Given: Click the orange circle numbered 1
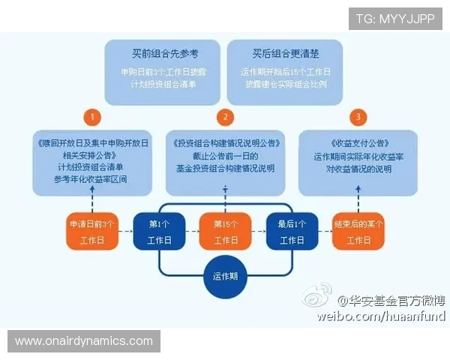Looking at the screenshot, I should (91, 117).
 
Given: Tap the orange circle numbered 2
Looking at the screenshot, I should (225, 117).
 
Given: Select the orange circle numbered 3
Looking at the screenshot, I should (358, 117).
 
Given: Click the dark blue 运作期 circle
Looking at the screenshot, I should (225, 275).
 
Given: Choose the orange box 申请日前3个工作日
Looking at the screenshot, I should (92, 231).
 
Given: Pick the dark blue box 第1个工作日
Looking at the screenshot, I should (159, 231).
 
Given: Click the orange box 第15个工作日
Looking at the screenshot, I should (225, 231).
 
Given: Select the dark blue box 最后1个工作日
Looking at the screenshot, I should (291, 231).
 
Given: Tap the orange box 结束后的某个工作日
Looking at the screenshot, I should (358, 231).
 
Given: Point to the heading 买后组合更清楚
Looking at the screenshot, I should (285, 54).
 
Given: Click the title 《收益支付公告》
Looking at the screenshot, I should (358, 142).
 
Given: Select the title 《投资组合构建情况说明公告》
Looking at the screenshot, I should (225, 142).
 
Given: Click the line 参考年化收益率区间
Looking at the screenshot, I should (91, 178).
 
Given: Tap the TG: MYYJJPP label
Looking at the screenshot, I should (395, 18).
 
